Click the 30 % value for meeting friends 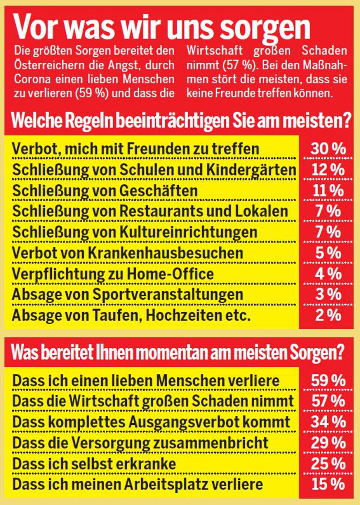coord(328,149)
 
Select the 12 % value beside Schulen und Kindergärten coord(328,170)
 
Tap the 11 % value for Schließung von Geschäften coord(328,191)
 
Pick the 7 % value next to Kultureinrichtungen coord(328,232)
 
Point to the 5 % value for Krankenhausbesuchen coord(328,253)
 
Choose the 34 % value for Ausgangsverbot coord(328,422)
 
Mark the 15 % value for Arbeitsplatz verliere coord(328,484)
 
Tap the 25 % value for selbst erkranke coord(328,464)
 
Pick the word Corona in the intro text coord(32,79)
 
